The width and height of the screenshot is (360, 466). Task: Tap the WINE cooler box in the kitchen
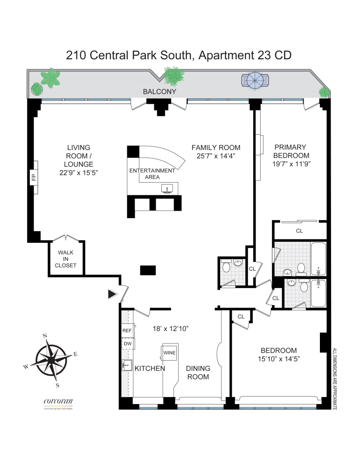click(x=169, y=352)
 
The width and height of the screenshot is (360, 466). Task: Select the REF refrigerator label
click(x=127, y=330)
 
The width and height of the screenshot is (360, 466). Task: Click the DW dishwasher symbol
click(x=127, y=344)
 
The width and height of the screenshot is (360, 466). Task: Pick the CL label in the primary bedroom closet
click(x=300, y=230)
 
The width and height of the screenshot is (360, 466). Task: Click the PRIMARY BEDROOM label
click(x=291, y=151)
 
